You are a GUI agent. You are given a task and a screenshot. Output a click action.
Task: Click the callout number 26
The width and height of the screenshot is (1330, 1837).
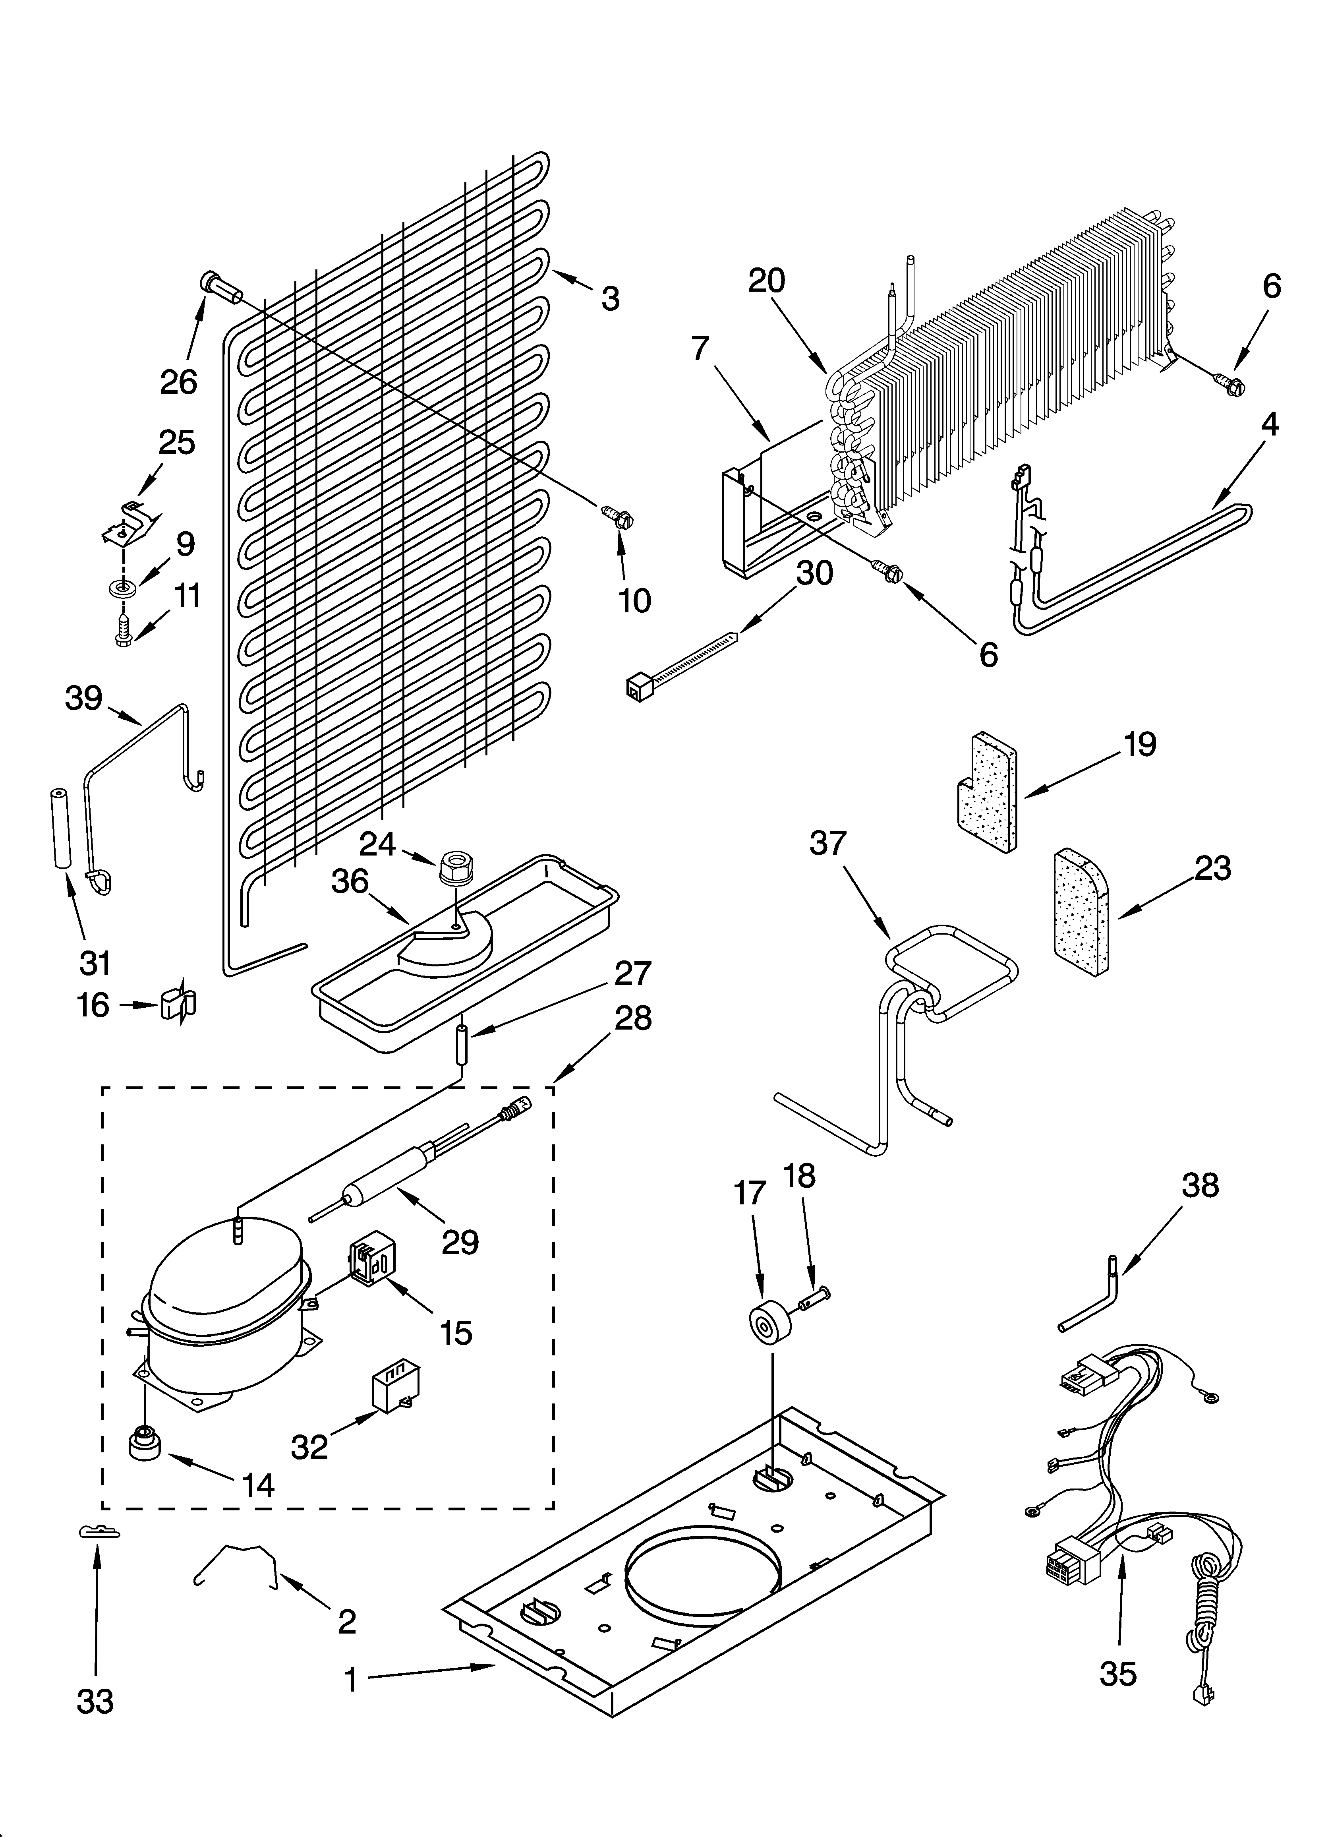coord(178,381)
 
